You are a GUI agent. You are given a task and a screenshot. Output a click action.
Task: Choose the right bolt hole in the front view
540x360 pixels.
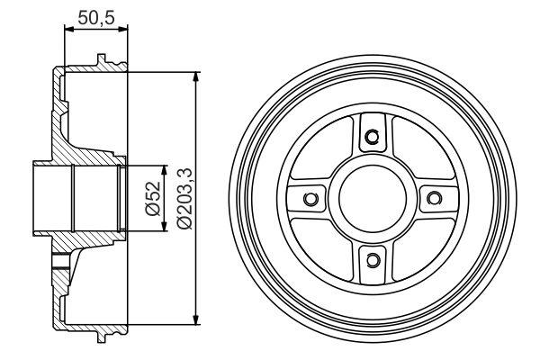[434, 198]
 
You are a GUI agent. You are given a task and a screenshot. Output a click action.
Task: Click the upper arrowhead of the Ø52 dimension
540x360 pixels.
[164, 169]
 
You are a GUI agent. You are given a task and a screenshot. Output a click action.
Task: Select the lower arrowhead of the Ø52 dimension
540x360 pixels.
[164, 228]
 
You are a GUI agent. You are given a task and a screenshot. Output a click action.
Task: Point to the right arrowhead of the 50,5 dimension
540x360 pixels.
[125, 31]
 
